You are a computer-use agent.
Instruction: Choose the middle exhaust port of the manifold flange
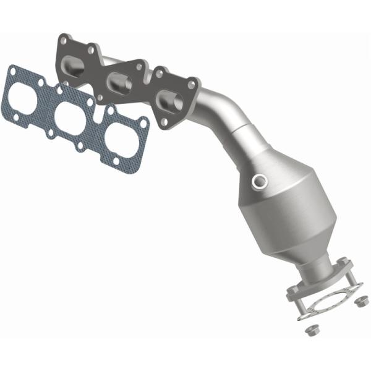click(119, 81)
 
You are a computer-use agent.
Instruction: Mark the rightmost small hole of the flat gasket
click(143, 125)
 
